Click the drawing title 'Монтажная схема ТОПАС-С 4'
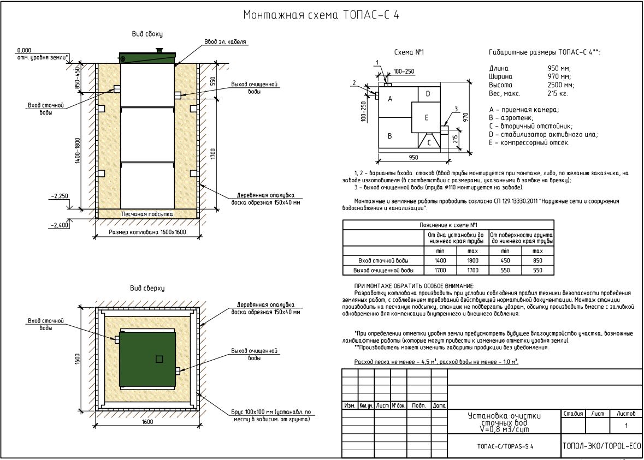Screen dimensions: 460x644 pos(321,15)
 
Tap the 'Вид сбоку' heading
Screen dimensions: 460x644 pos(147,34)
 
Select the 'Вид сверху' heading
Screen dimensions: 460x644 pos(147,288)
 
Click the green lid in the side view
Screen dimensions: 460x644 pos(148,57)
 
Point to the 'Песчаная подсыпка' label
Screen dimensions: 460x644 pos(147,214)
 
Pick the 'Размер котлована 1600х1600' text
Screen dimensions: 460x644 pos(147,232)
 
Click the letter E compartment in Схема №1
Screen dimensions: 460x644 pos(427,117)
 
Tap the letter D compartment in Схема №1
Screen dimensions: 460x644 pos(428,94)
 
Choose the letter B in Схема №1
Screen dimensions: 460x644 pos(390,136)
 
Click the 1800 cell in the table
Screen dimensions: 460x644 pos(472,261)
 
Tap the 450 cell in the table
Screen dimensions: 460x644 pos(505,261)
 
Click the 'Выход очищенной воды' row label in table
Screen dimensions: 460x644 pos(383,270)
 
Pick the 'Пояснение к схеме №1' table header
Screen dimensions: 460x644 pos(447,224)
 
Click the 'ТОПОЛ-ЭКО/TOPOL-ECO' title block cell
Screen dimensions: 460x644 pos(601,446)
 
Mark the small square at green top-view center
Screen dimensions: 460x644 pos(159,359)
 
